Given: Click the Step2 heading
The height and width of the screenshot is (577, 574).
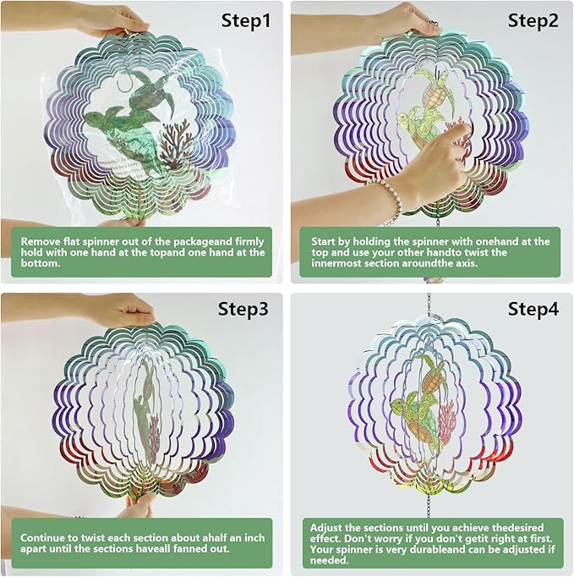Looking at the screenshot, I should pyautogui.click(x=533, y=20).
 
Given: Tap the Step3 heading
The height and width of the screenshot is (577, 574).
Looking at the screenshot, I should pyautogui.click(x=244, y=309).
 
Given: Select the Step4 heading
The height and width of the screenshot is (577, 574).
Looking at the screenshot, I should pyautogui.click(x=533, y=309).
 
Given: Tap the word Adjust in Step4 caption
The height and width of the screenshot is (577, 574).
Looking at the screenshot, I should pyautogui.click(x=327, y=525).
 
